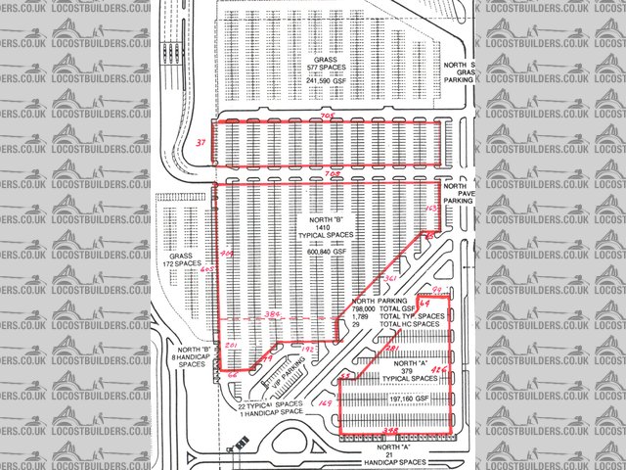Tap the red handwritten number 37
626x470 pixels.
tap(201, 143)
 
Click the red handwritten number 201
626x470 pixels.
tap(231, 348)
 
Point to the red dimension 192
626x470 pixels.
tap(306, 349)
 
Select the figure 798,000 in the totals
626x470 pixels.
tap(367, 309)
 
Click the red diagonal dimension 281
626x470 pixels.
tap(391, 350)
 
